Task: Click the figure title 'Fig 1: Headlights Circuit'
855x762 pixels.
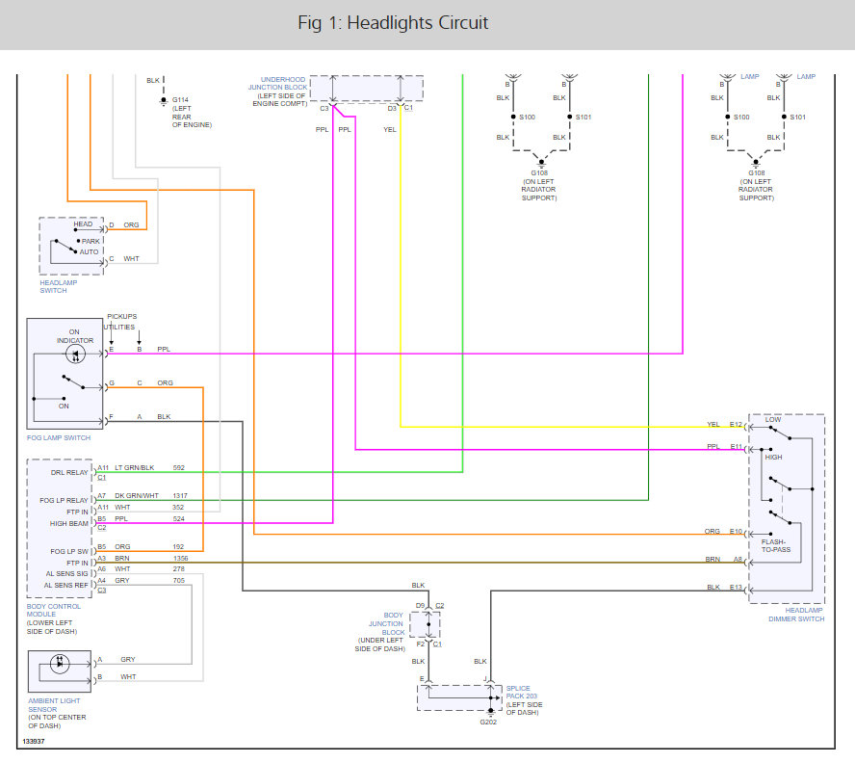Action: pyautogui.click(x=393, y=23)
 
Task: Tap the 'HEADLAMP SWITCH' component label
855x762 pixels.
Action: pyautogui.click(x=59, y=286)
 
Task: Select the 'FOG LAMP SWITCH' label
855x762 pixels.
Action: pyautogui.click(x=59, y=438)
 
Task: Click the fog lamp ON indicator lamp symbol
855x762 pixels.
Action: pyautogui.click(x=75, y=355)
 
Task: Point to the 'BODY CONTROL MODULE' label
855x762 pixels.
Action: pyautogui.click(x=54, y=611)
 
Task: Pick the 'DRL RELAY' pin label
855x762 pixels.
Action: pyautogui.click(x=69, y=472)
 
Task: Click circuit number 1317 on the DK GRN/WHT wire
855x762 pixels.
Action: pyautogui.click(x=180, y=496)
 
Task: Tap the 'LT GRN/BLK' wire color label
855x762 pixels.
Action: pyautogui.click(x=134, y=467)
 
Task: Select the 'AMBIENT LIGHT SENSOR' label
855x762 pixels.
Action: pyautogui.click(x=54, y=705)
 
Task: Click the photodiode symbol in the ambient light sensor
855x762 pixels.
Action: pyautogui.click(x=60, y=664)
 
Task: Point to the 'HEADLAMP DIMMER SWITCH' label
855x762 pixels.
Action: pyautogui.click(x=796, y=615)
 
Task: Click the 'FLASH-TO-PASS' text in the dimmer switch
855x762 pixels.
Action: pyautogui.click(x=775, y=545)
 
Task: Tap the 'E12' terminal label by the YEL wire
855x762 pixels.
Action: pyautogui.click(x=736, y=425)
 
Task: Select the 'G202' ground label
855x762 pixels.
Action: pyautogui.click(x=488, y=723)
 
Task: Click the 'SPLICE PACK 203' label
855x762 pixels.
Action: pyautogui.click(x=521, y=693)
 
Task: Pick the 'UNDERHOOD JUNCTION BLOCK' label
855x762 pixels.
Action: pyautogui.click(x=277, y=84)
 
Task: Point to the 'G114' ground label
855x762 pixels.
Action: pyautogui.click(x=180, y=100)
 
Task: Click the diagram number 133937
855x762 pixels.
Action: pyautogui.click(x=34, y=741)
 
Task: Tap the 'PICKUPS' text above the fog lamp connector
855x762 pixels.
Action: pyautogui.click(x=121, y=316)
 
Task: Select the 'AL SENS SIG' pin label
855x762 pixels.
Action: pyautogui.click(x=66, y=574)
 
